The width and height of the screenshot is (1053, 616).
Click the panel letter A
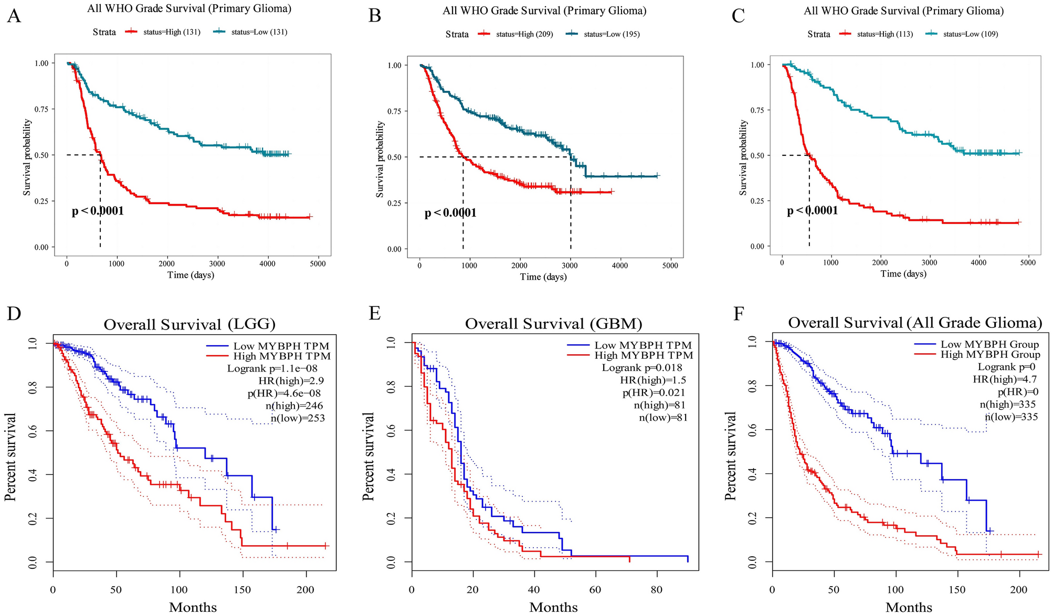14,16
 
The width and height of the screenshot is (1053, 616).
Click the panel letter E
374,313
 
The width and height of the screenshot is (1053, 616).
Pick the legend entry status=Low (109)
970,34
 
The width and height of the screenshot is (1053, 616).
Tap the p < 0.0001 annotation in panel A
98,211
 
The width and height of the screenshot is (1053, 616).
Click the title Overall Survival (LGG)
189,325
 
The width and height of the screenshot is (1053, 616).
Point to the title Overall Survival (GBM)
553,324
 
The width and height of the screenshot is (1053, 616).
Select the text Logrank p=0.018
641,368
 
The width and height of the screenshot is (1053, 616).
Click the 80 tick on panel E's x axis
657,590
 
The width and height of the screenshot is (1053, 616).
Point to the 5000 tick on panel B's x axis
670,265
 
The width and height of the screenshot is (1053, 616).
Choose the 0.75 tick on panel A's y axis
41,109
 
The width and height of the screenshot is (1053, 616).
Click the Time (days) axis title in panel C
903,273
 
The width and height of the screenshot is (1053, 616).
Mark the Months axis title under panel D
193,608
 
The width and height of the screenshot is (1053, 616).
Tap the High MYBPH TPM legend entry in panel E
643,356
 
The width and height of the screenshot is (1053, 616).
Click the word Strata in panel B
457,35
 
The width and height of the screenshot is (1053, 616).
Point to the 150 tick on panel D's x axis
242,590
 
